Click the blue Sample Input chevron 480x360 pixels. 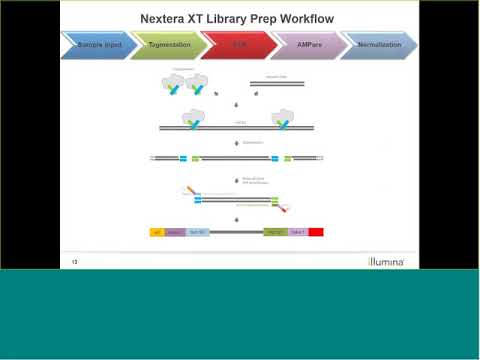click(98, 45)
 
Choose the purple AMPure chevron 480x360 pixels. click(308, 45)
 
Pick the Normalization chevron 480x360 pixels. click(378, 45)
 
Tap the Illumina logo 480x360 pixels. click(385, 262)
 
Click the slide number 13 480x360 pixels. click(74, 262)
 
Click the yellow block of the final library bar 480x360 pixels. click(156, 232)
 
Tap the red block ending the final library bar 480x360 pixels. click(315, 232)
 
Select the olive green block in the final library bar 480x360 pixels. click(275, 232)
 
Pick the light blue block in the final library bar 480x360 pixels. click(197, 232)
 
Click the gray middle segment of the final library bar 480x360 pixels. click(236, 232)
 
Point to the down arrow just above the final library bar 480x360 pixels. click(237, 219)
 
